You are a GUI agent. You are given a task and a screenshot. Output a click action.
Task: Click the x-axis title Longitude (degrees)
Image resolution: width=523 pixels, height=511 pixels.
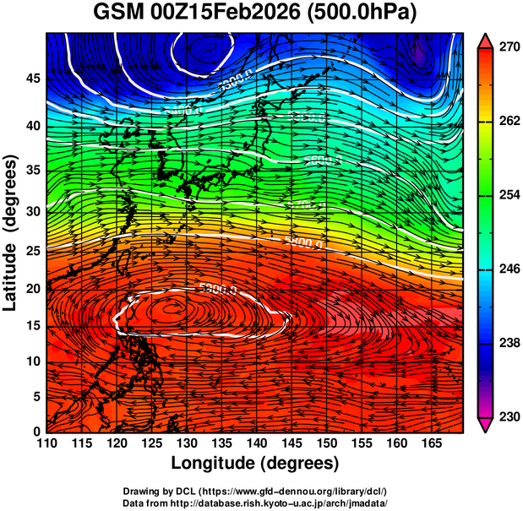point(255,463)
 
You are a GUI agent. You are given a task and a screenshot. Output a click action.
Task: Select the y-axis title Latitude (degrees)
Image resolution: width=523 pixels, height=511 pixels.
point(11,232)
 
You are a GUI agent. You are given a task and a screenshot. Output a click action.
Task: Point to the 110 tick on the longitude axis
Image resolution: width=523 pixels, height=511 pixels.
point(46,443)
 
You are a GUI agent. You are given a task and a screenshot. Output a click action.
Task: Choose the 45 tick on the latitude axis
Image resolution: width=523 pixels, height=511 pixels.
point(31,79)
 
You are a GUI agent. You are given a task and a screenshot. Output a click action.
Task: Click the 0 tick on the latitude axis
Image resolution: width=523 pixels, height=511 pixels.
point(35,432)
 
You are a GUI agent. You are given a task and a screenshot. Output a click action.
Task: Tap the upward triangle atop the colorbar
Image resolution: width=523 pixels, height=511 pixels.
point(485,40)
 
